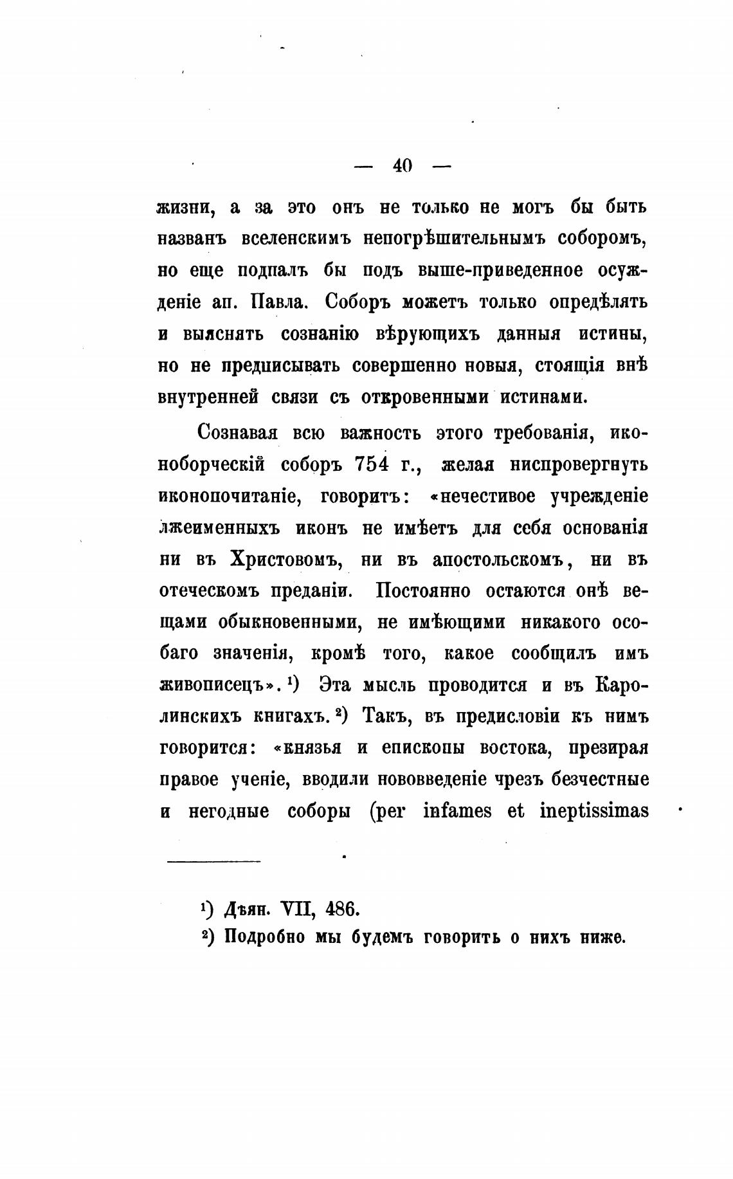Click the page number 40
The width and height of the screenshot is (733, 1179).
point(402,166)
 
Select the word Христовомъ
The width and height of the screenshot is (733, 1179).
point(284,560)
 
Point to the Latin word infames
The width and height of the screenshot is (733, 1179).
point(458,811)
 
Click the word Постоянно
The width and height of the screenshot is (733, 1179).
point(422,591)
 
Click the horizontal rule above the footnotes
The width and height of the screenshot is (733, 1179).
point(213,861)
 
